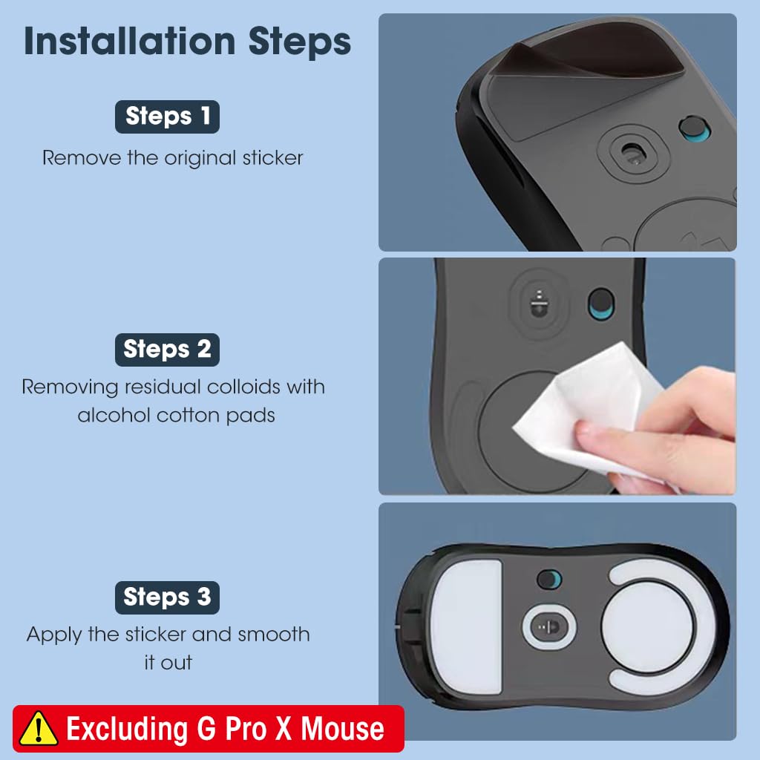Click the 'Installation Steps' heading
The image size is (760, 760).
coord(188,42)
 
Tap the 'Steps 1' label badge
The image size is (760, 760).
coord(167,117)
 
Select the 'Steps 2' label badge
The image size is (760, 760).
coord(167,350)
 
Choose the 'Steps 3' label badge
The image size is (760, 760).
coord(167,597)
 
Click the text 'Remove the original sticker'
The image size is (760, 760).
coord(172,158)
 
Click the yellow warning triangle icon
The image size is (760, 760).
coord(39,729)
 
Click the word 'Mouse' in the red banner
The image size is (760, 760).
coord(342,729)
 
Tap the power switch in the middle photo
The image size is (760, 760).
coord(601,304)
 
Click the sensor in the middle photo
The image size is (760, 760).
coord(539,304)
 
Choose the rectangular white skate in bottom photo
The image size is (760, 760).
coord(467,626)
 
